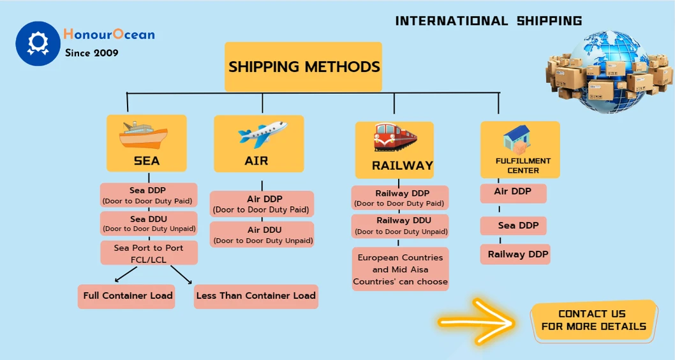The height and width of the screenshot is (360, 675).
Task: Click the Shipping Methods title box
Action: [303, 67]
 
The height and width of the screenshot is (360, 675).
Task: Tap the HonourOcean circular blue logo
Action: [38, 43]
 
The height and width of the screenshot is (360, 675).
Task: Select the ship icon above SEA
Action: [144, 135]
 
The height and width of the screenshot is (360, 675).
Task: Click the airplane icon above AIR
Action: [262, 134]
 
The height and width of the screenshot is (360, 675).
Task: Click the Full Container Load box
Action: [127, 296]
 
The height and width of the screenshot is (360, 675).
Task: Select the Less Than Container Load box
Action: [256, 296]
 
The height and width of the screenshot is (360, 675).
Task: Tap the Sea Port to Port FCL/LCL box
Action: [149, 253]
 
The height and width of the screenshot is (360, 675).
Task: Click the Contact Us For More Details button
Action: [593, 320]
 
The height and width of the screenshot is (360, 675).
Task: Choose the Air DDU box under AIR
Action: [262, 234]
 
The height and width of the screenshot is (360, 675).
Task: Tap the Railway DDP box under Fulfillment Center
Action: [517, 254]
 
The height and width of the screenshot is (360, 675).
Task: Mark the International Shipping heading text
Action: [488, 21]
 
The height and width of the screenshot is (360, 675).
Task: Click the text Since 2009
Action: [91, 53]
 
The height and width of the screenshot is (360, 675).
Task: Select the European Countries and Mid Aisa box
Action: [400, 269]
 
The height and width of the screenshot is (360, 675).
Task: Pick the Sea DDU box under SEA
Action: [149, 223]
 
